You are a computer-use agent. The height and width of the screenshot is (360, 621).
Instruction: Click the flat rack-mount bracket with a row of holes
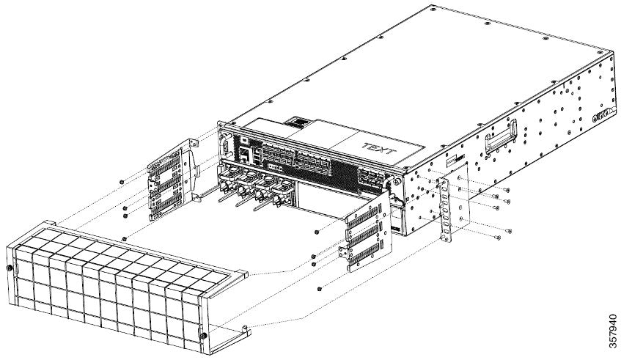pos(446,207)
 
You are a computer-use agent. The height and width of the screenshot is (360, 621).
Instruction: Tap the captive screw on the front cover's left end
pos(8,269)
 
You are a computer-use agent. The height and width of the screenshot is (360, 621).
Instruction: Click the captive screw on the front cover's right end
pos(202,336)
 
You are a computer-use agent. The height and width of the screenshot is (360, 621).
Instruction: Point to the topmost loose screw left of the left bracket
pos(121,180)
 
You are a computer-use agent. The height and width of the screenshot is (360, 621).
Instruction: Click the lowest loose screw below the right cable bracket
pos(322,288)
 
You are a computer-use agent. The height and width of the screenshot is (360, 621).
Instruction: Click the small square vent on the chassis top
pos(297,120)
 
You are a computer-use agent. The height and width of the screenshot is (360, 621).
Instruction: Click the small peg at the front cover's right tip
pos(243,321)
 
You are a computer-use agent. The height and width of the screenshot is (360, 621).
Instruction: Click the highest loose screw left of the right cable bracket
pos(315,232)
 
